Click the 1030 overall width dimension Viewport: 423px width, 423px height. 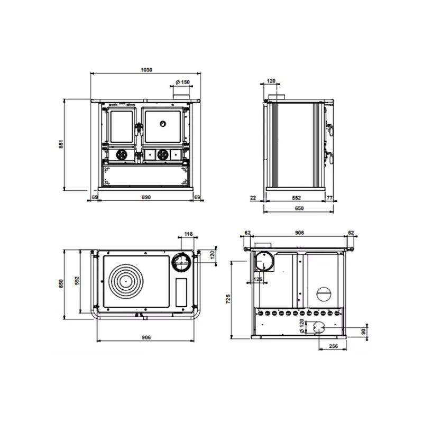tap(146, 70)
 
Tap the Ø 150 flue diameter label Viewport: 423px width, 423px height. tap(182, 82)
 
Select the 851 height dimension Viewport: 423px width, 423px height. tap(61, 144)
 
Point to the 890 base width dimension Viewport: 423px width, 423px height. tap(146, 197)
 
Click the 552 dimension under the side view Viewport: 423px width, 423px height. tap(296, 198)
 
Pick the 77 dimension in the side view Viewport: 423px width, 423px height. tap(329, 198)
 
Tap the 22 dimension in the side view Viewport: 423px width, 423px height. tap(253, 198)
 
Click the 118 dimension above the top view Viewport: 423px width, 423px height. tap(188, 234)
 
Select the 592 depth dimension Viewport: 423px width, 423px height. tap(77, 281)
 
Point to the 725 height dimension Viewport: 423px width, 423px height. tap(228, 299)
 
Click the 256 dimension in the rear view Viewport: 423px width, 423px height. tap(334, 346)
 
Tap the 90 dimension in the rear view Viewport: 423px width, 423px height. tap(364, 332)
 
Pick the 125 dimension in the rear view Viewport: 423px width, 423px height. tap(258, 279)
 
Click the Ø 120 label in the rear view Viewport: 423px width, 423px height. tap(301, 326)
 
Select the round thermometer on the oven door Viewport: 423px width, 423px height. tap(163, 124)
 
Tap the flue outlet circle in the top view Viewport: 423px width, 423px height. tap(181, 262)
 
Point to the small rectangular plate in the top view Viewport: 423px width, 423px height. tap(181, 292)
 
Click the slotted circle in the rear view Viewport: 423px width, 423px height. tap(323, 293)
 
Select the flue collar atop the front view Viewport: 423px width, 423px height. tap(181, 97)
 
